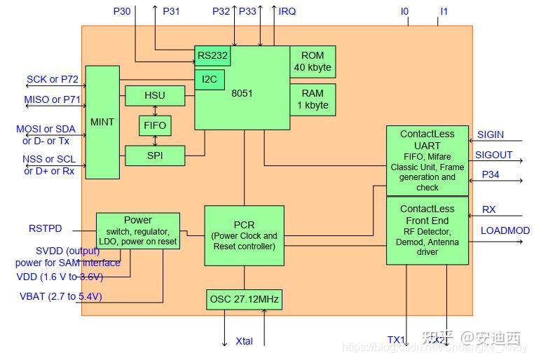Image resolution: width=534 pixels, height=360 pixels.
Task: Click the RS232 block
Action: [x=212, y=56]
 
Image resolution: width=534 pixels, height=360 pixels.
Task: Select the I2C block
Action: [x=210, y=79]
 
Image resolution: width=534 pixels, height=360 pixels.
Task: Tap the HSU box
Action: [x=155, y=95]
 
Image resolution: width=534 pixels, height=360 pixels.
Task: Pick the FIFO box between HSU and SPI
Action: [x=155, y=125]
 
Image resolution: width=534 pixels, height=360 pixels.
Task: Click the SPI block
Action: [x=155, y=155]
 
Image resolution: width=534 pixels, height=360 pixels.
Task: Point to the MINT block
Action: [x=102, y=122]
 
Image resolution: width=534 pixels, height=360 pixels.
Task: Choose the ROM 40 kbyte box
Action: [x=313, y=62]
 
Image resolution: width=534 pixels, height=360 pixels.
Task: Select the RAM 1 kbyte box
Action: [x=313, y=99]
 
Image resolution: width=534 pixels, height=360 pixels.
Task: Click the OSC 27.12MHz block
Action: [x=244, y=300]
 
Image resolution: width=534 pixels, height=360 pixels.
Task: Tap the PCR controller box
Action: [x=244, y=235]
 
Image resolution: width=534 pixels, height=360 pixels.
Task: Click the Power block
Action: [x=137, y=231]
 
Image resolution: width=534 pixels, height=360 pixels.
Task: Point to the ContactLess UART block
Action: [x=427, y=160]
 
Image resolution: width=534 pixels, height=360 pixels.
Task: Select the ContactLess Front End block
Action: [x=427, y=230]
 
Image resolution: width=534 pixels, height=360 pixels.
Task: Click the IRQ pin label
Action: [x=287, y=11]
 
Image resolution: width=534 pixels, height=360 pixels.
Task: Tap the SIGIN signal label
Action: [x=490, y=135]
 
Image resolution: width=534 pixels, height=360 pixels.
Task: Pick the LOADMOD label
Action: [x=505, y=230]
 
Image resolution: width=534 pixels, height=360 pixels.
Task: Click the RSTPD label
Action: [x=45, y=228]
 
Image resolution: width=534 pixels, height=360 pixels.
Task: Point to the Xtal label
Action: [x=244, y=342]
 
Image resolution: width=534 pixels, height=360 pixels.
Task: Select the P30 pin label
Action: [x=121, y=11]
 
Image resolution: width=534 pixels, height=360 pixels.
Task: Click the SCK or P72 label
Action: [x=53, y=80]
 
